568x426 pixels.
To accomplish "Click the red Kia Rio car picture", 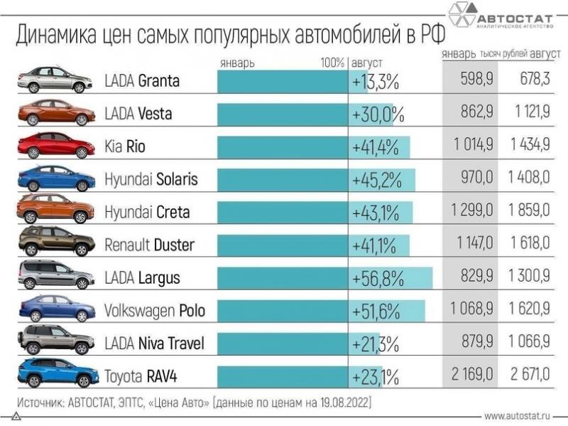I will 56,146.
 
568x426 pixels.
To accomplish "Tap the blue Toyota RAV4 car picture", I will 56,373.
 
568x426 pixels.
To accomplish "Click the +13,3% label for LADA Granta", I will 375,81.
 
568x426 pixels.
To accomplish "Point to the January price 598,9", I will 468,81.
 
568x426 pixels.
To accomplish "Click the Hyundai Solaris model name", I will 152,179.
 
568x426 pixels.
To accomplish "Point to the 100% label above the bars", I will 332,63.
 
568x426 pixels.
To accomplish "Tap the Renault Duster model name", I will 149,245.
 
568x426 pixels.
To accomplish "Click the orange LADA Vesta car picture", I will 56,113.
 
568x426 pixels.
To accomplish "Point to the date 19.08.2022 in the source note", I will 337,403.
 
